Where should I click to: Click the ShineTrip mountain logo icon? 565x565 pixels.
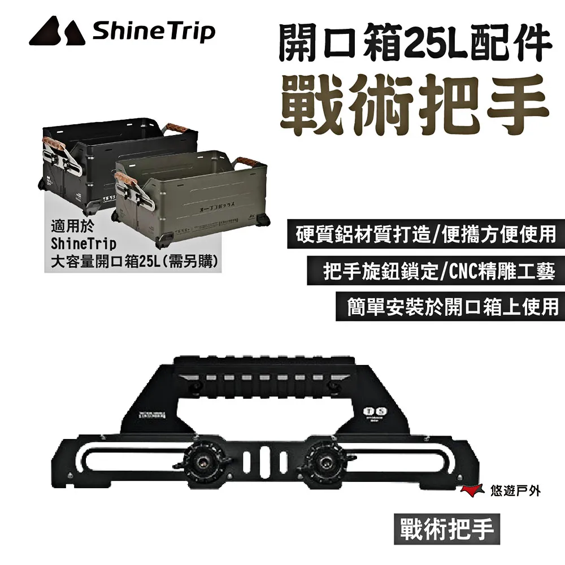tap(55, 32)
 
